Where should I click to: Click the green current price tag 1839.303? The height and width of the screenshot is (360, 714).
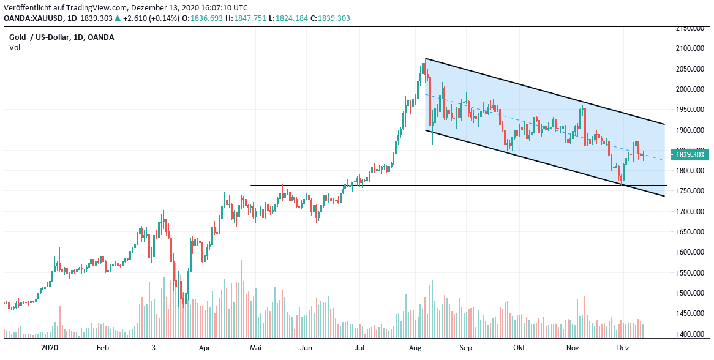tap(690, 155)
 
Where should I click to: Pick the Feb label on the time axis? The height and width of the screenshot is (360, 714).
tap(102, 347)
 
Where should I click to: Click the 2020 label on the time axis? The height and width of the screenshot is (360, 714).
tap(49, 347)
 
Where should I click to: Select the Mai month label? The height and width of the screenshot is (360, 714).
tap(256, 347)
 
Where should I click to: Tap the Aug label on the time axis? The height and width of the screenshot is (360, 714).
tap(415, 347)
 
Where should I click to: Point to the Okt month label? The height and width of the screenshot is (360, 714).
tap(519, 347)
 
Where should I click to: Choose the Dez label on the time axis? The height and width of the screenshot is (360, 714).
tap(623, 347)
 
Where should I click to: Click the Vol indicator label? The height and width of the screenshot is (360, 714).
tap(14, 48)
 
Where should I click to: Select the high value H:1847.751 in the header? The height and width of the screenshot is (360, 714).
tap(246, 18)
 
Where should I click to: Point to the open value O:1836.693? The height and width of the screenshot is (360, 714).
tap(203, 18)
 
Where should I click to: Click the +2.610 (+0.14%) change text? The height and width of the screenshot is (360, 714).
tap(151, 18)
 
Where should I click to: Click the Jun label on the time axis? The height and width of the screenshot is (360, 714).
tap(307, 347)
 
